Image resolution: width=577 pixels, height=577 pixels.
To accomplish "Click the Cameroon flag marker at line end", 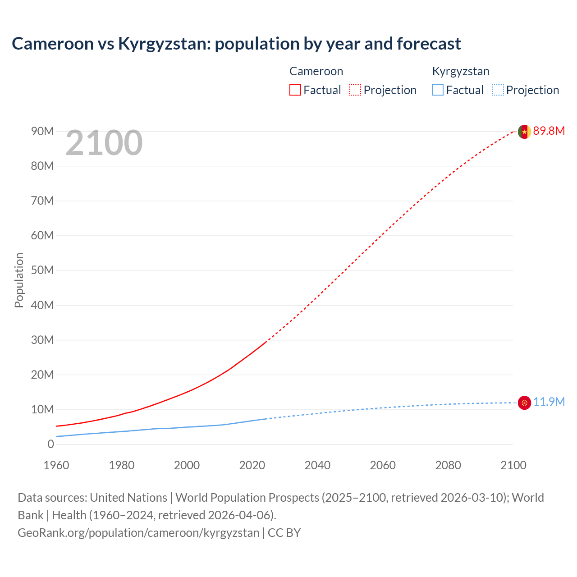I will click(524, 132).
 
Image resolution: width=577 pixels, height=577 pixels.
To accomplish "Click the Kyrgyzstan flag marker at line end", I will click(524, 403).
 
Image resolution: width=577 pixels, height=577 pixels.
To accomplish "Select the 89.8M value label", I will click(549, 131).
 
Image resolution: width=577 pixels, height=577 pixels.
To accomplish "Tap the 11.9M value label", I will click(549, 402).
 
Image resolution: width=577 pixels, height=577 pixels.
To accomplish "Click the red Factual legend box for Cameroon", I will click(295, 90).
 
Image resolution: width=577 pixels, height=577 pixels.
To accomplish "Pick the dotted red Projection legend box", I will click(355, 90).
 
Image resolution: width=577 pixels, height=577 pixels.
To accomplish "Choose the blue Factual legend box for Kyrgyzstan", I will click(438, 90).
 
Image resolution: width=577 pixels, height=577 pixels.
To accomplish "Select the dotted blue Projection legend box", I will click(498, 90).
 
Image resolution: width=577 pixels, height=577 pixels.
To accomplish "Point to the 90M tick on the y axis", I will click(42, 131).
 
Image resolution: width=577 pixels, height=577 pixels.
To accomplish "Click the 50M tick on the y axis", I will click(42, 270).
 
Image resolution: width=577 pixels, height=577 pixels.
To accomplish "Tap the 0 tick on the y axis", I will click(50, 444).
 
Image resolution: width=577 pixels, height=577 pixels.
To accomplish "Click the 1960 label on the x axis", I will click(56, 465).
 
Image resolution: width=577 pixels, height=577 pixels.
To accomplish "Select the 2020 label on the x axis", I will click(252, 465).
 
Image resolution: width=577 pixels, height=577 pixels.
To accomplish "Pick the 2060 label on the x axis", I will click(383, 465).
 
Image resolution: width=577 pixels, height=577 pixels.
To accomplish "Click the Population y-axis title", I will click(19, 280).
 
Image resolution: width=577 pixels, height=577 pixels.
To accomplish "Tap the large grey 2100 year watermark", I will click(104, 143).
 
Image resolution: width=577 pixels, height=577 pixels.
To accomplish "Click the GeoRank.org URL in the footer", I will click(138, 533).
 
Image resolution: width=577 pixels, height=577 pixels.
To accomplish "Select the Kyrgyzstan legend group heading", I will click(461, 71).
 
